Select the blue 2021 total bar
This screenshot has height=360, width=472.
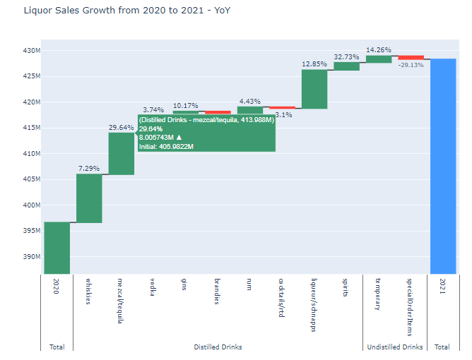coord(442,166)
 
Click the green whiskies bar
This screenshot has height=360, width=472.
coord(89,198)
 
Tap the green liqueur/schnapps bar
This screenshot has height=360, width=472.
coord(314,89)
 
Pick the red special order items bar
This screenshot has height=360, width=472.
coord(411,57)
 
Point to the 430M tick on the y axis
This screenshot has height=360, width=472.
coord(31,51)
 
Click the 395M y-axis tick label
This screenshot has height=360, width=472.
coord(31,232)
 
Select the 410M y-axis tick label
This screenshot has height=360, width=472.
coord(31,154)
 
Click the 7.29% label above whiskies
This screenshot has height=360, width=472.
coord(89,169)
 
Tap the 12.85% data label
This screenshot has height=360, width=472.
coord(314,64)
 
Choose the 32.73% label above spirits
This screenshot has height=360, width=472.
coord(346,56)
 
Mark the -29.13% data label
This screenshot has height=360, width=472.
coord(411,65)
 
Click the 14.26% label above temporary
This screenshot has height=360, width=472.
coord(378,49)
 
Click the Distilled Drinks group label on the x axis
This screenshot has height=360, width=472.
coord(218,347)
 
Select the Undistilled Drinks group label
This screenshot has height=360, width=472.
coord(394,347)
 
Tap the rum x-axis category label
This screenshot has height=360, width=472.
coord(249,287)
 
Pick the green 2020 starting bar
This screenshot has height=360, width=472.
coord(57,247)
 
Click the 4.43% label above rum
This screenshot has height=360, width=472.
coord(250,101)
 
